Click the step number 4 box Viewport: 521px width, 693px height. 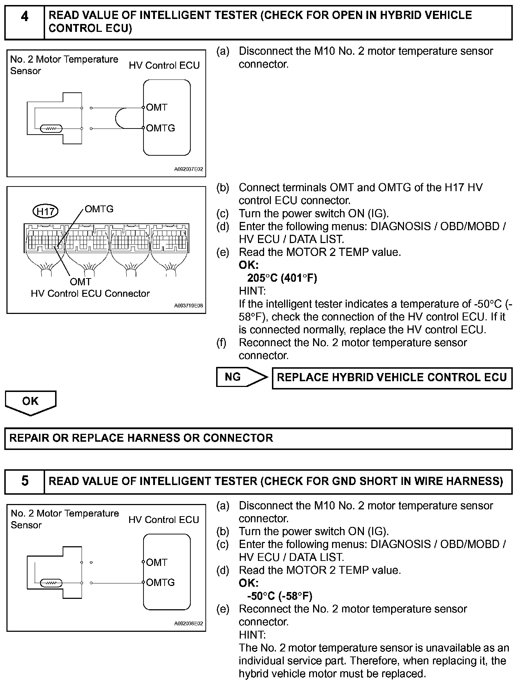24,22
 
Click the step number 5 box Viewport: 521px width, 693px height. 24,481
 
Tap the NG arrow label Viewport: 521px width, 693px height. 233,377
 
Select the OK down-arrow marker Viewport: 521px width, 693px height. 30,402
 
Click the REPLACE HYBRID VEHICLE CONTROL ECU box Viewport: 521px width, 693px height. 392,378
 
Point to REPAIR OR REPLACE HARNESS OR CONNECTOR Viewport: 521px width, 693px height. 141,438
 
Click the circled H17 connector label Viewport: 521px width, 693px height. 45,212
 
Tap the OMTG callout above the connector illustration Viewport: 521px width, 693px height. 99,209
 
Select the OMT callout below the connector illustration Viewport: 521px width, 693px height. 81,282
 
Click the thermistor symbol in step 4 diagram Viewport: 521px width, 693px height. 51,129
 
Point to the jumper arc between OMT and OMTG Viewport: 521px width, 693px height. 120,118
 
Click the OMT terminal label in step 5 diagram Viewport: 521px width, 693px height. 157,562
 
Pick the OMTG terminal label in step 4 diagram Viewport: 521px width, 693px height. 160,128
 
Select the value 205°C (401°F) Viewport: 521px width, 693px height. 282,278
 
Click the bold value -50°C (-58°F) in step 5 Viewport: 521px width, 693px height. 280,596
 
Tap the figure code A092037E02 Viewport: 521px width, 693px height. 189,169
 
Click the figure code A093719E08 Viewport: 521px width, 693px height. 189,306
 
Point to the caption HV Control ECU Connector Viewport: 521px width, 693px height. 90,294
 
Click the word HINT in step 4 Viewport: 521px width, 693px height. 252,291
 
